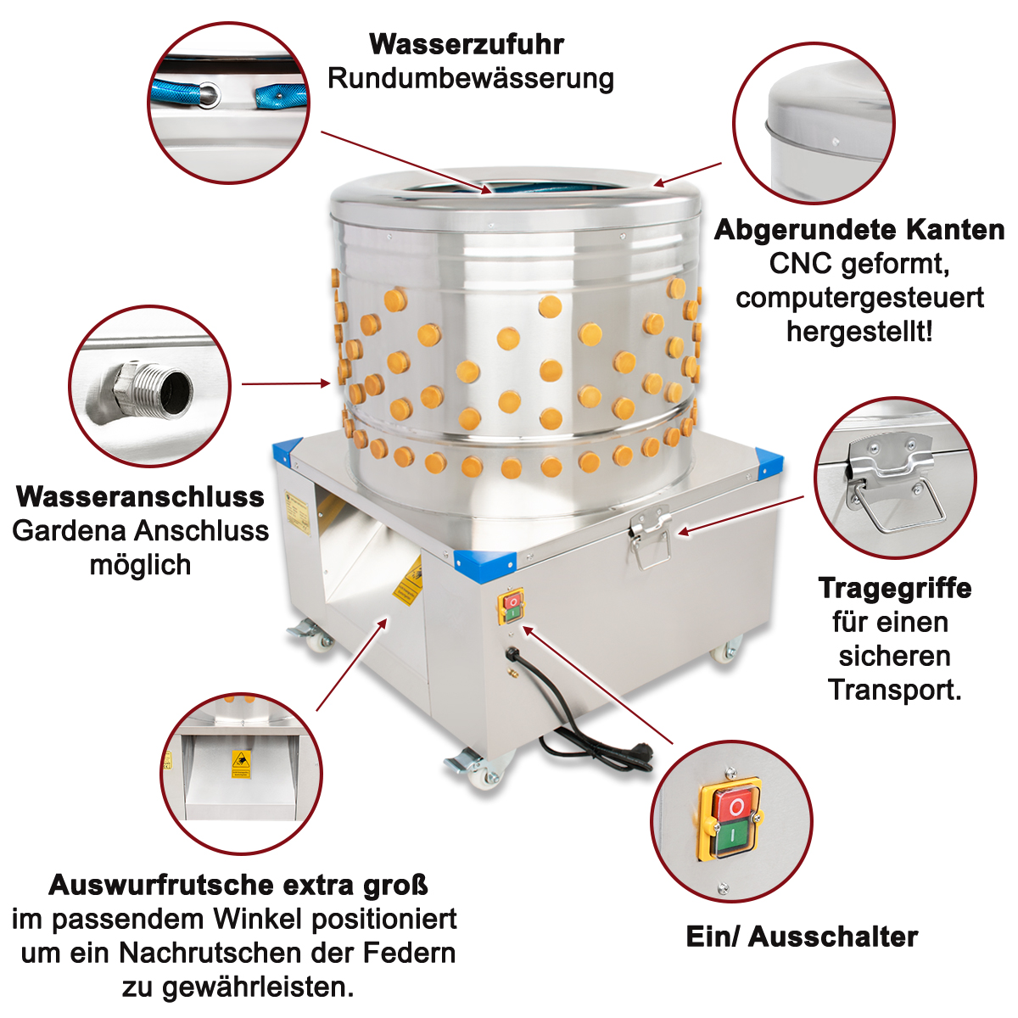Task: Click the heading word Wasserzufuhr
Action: tap(467, 44)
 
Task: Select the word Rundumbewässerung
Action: tap(471, 79)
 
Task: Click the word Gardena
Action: tap(68, 531)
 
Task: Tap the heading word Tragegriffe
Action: tap(895, 589)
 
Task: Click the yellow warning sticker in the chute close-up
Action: tap(241, 763)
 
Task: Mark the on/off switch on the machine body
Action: tap(512, 607)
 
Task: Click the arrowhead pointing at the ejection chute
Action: tap(382, 624)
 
